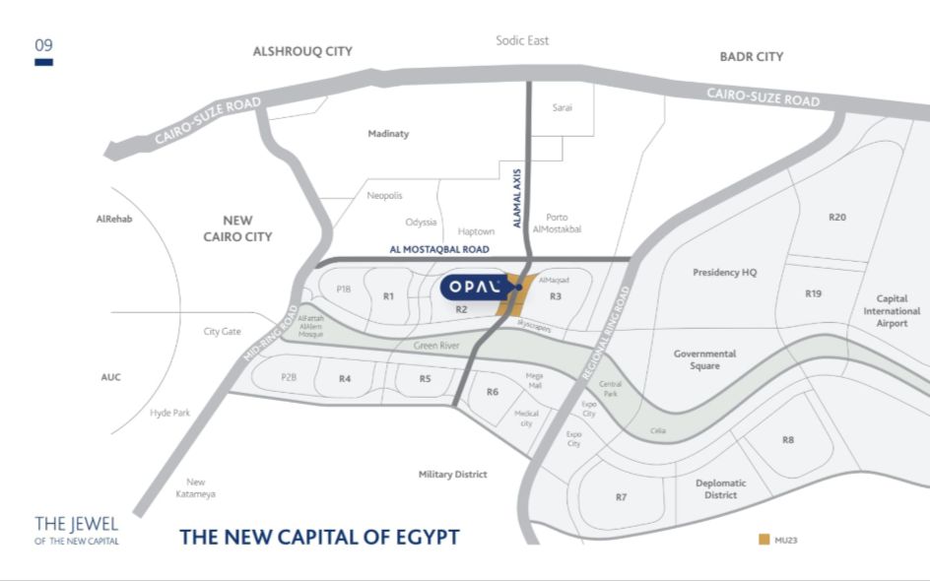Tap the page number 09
click(43, 45)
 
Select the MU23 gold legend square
click(764, 539)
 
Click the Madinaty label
click(388, 134)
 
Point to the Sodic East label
click(522, 40)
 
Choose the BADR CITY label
click(752, 57)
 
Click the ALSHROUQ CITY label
click(302, 51)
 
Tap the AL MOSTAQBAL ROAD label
click(439, 250)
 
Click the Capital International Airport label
click(892, 310)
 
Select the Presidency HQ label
click(724, 273)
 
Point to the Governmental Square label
click(704, 359)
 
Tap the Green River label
click(436, 347)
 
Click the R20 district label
click(837, 217)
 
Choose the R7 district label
click(621, 497)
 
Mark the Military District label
click(452, 475)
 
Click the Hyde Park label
click(169, 413)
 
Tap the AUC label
click(110, 377)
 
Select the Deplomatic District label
click(720, 488)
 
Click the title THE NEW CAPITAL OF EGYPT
click(319, 538)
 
